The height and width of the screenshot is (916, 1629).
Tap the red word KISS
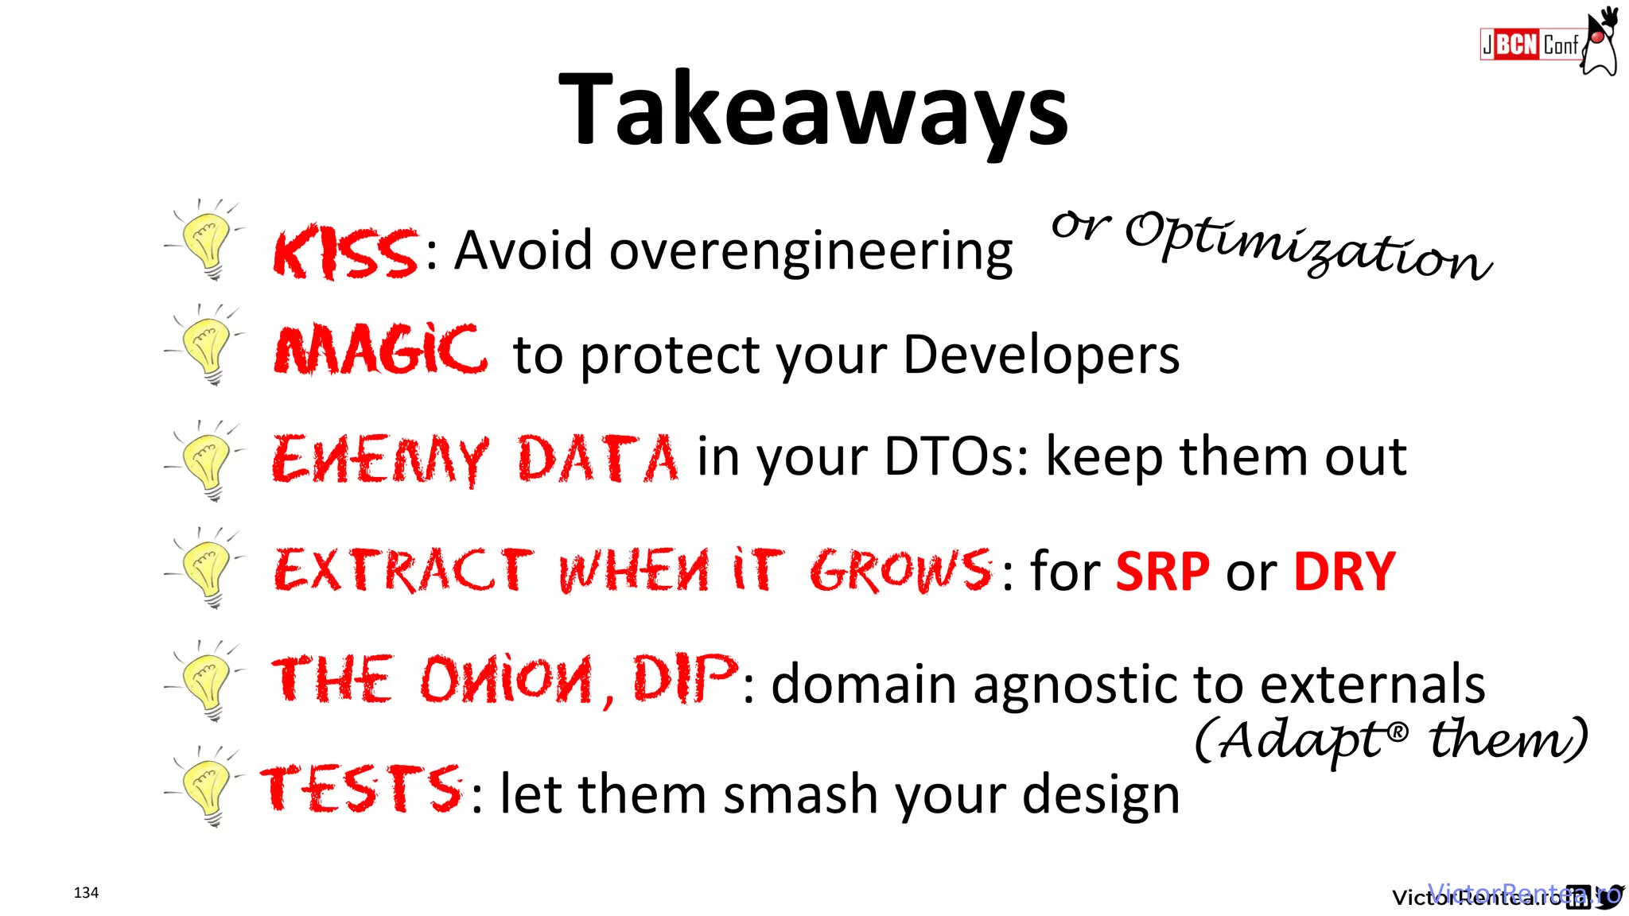[x=345, y=253]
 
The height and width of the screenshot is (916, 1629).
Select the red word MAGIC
[x=380, y=351]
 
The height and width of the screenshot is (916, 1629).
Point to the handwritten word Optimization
[x=1308, y=245]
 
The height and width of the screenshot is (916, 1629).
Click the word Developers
[x=1041, y=355]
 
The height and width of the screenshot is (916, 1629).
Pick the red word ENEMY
[x=380, y=460]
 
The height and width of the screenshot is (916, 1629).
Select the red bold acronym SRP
[x=1162, y=571]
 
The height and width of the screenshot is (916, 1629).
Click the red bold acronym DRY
[x=1344, y=571]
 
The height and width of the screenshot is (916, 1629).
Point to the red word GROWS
[x=901, y=570]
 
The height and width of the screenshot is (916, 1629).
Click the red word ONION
[x=507, y=681]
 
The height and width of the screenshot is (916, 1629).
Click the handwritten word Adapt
[x=1304, y=740]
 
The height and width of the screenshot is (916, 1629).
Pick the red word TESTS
[x=362, y=789]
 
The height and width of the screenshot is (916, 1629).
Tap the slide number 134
[x=86, y=892]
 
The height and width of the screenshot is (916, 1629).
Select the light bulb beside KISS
[x=208, y=241]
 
